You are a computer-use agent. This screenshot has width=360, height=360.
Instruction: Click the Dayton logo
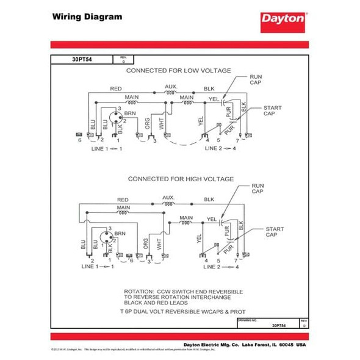[x=282, y=19]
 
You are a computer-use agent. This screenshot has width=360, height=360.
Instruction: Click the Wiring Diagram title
[x=87, y=17]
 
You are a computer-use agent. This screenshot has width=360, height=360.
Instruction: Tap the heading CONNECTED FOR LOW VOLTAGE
[x=178, y=71]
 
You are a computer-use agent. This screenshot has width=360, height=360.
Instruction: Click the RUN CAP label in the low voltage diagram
[x=256, y=81]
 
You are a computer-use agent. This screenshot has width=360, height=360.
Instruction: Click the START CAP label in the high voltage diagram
[x=274, y=233]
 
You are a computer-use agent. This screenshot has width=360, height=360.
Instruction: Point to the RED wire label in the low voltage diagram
[x=116, y=88]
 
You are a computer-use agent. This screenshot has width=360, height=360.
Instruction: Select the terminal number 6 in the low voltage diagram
[x=79, y=141]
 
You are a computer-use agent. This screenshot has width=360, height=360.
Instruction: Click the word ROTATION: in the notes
[x=140, y=291]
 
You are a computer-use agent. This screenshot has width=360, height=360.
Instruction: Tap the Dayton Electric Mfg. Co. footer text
[x=217, y=345]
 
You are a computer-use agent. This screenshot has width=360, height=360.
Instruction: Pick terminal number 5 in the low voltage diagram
[x=218, y=141]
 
